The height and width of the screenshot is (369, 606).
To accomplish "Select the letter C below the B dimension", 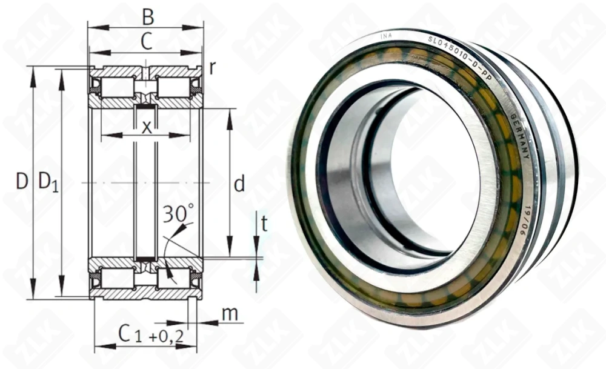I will coord(146,41).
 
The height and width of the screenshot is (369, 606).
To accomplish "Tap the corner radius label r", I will coord(212,67).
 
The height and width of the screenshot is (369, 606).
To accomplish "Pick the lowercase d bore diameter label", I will coord(239,184).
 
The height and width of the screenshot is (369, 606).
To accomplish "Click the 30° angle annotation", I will coord(178,213).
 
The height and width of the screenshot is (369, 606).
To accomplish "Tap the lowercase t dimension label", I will coord(264,224).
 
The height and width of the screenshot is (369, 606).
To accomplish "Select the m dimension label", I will coord(229,314).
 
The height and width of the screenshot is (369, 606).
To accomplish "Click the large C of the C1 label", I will coord(124,333).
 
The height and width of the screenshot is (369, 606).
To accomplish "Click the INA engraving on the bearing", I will coord(385,38).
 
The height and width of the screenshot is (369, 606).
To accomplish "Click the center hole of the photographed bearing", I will coord(418,176).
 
